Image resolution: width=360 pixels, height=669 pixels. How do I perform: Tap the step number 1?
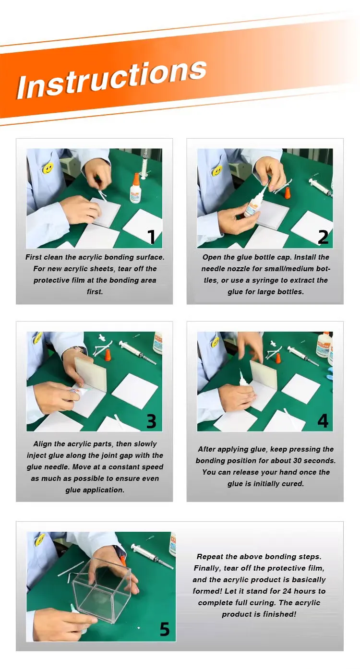coord(152,237)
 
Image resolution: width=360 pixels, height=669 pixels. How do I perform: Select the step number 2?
coord(323,237)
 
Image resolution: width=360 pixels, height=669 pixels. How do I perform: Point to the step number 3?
coord(151,420)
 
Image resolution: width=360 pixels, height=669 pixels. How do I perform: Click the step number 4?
coord(323,420)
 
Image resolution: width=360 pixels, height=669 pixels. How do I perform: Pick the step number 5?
coord(165,629)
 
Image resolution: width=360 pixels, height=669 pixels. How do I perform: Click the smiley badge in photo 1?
coord(48,168)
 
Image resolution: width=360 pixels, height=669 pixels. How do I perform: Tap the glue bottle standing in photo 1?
coord(135,188)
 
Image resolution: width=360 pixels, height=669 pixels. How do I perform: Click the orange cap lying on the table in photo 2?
coord(288,192)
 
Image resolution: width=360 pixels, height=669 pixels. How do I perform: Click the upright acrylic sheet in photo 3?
coord(91,374)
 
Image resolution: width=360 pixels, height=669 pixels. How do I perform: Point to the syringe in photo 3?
coord(137,352)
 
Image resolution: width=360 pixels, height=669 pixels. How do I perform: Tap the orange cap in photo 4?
coord(278,358)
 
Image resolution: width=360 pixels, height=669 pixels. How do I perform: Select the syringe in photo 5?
coord(152,556)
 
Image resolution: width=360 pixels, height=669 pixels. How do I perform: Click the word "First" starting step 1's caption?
coord(33,257)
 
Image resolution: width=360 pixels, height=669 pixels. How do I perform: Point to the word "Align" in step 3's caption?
coord(42,444)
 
